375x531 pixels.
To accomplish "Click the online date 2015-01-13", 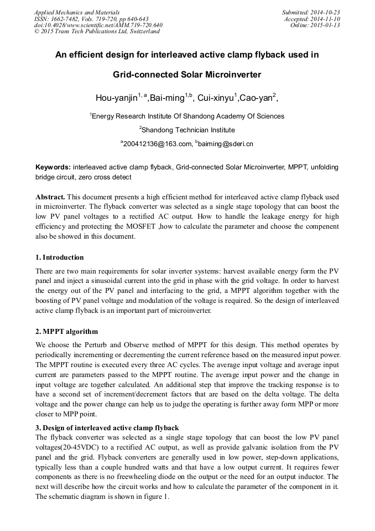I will coord(325,25).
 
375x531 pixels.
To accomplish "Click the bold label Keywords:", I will coord(53,167).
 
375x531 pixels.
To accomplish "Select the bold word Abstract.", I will coord(50,197).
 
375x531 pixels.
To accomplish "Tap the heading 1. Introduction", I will coord(60,257).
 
